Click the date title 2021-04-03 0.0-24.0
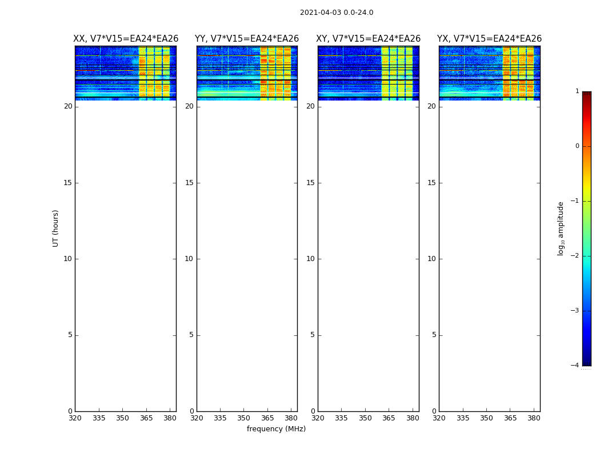click(x=337, y=13)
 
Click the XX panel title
click(x=126, y=39)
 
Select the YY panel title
click(x=247, y=39)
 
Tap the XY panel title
click(x=369, y=39)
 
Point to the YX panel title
click(x=490, y=39)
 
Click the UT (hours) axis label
click(x=56, y=228)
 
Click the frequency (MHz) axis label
click(x=276, y=429)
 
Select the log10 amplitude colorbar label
click(x=561, y=228)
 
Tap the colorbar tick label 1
click(x=577, y=91)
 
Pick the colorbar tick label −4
click(x=576, y=366)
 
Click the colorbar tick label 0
click(x=577, y=146)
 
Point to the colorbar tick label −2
click(x=576, y=256)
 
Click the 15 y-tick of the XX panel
click(x=68, y=183)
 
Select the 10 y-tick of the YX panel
click(x=431, y=259)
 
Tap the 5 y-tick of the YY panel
click(x=191, y=335)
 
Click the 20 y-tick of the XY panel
click(x=310, y=106)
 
